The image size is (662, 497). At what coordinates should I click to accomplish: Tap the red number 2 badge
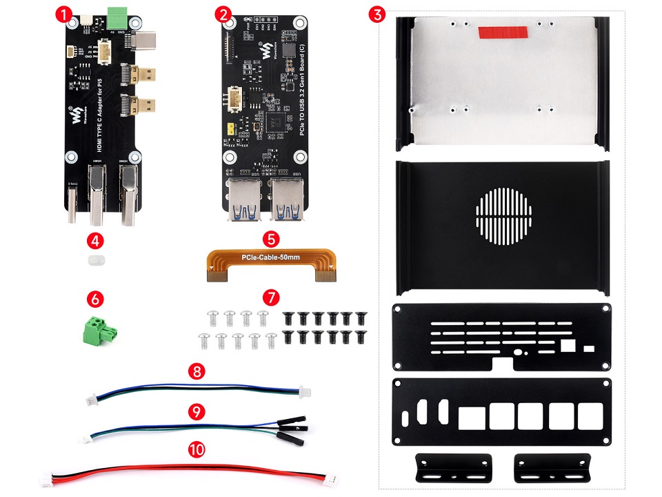pyautogui.click(x=223, y=13)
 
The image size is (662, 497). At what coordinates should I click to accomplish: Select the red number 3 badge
pyautogui.click(x=376, y=13)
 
